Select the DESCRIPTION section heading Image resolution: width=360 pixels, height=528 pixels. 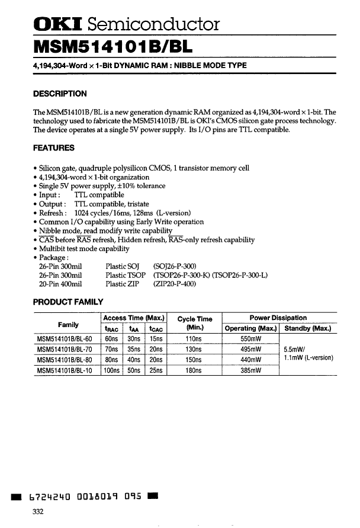tap(60, 94)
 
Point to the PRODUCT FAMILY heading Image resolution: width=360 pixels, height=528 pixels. tap(68, 302)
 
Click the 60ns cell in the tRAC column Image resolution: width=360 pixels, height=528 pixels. tap(110, 339)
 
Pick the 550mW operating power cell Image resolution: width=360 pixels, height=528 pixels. tap(250, 339)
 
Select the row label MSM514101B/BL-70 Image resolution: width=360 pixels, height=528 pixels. tap(66, 349)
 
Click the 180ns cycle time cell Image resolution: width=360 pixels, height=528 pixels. tap(194, 370)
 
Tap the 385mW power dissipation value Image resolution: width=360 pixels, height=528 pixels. tap(250, 370)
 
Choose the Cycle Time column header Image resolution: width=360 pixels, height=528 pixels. tap(194, 322)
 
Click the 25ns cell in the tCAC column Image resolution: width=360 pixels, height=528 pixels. tap(156, 370)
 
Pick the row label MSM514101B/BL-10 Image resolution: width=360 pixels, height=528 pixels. tap(66, 370)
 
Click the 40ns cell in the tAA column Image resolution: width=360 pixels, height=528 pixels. tap(133, 360)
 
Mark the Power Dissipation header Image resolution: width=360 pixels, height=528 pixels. tap(278, 318)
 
